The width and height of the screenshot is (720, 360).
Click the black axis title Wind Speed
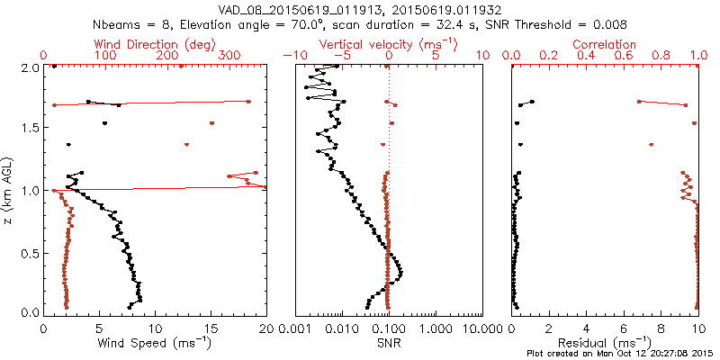[x=155, y=343]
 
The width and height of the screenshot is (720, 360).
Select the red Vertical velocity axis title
[x=388, y=43]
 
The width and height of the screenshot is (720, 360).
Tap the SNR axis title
[x=388, y=343]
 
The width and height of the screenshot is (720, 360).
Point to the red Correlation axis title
[x=604, y=43]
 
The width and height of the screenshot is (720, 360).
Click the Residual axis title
[x=603, y=343]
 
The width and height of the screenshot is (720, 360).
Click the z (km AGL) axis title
[x=8, y=191]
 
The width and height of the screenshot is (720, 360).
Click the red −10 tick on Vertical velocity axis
[x=293, y=56]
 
